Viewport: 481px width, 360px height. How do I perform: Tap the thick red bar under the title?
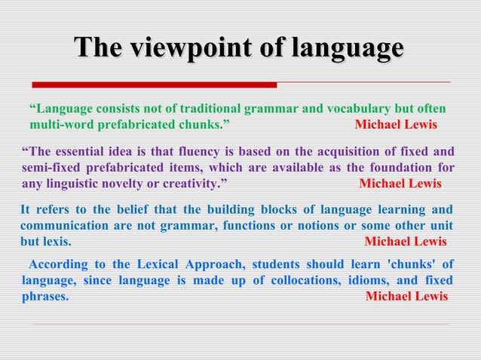[x=155, y=84]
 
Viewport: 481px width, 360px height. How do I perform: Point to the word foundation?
[x=403, y=167]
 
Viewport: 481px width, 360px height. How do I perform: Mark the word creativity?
[x=191, y=183]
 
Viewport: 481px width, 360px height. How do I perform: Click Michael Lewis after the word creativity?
[x=400, y=183]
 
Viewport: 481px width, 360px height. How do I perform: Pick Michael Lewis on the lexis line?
[x=406, y=242]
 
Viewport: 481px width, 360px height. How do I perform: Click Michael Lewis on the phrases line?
[x=406, y=296]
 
